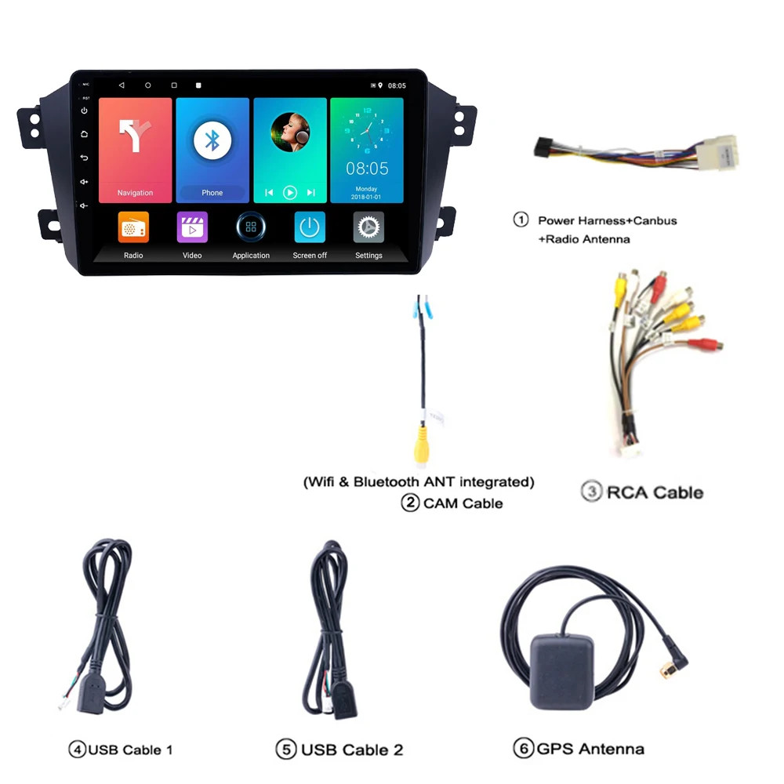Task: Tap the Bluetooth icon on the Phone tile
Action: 212,140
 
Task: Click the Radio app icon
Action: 133,227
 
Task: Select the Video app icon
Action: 192,227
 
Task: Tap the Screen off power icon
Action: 310,227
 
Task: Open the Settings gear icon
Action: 368,227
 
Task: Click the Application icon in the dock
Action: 251,227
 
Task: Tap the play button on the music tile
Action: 290,192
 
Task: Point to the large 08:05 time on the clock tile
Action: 367,168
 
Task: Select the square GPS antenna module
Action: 562,671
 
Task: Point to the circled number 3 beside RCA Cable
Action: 591,492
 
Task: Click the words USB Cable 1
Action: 130,750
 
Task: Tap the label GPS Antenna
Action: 590,749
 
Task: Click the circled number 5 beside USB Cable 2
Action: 285,750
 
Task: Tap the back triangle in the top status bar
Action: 122,85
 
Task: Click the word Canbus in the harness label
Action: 653,220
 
